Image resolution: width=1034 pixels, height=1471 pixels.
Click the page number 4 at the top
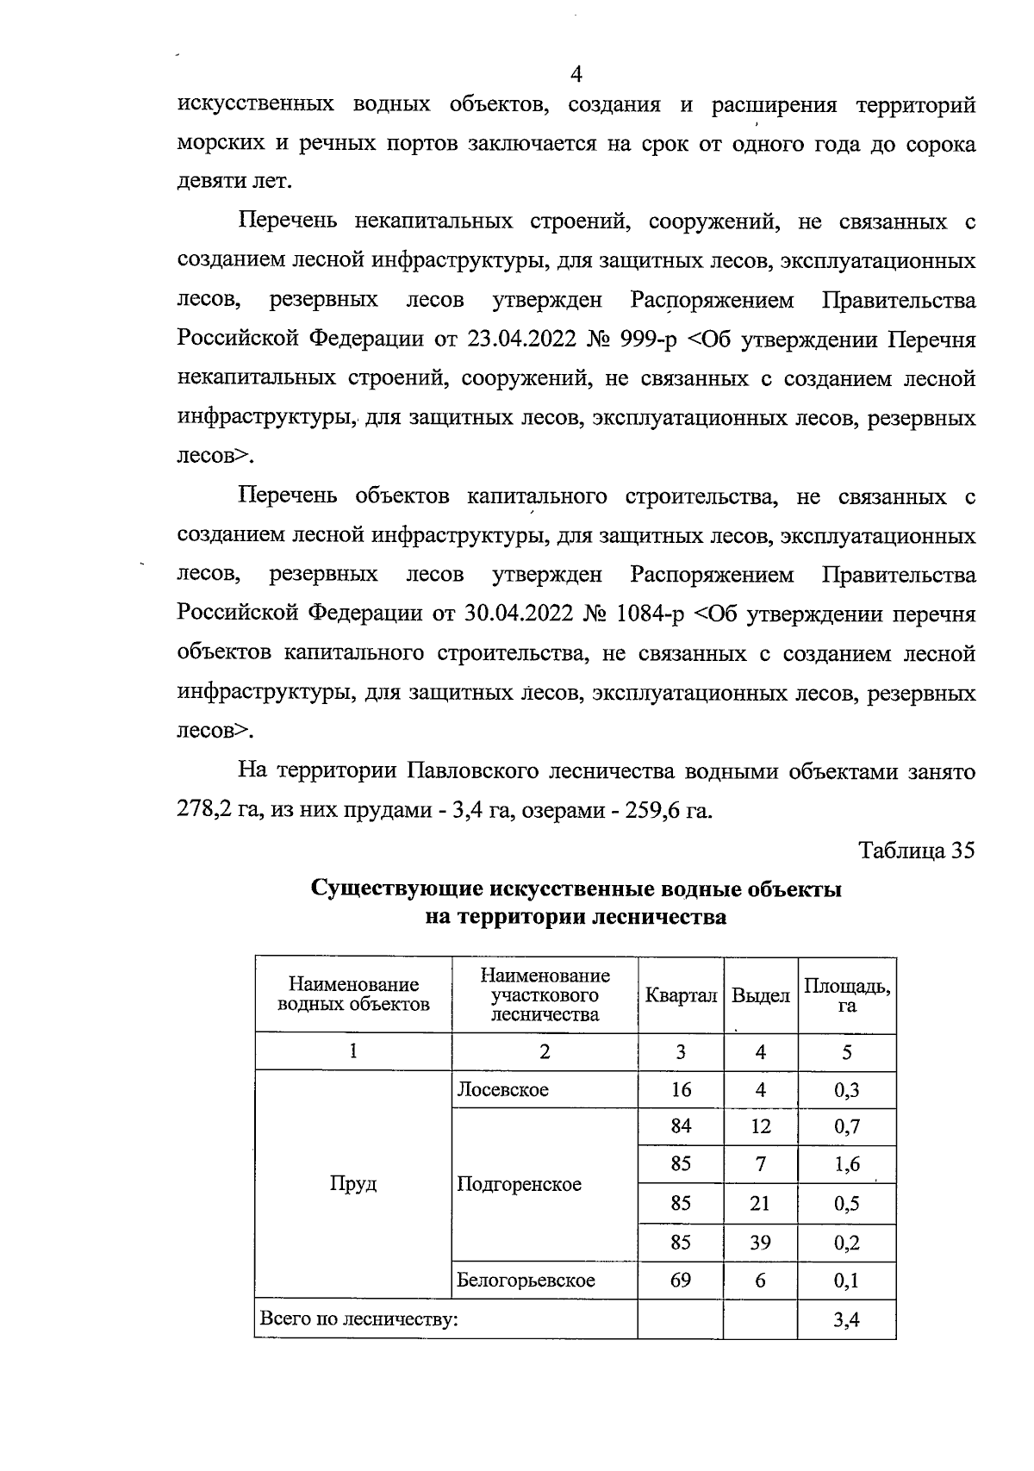click(576, 75)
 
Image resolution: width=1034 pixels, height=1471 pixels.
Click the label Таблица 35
click(917, 851)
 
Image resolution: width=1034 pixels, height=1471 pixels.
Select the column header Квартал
click(681, 996)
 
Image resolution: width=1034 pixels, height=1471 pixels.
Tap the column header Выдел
click(760, 996)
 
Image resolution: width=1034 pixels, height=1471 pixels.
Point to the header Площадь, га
click(847, 995)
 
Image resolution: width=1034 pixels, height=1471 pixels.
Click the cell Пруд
click(353, 1184)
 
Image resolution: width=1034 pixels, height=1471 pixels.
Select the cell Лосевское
click(502, 1090)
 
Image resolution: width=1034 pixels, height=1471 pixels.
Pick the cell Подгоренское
click(519, 1184)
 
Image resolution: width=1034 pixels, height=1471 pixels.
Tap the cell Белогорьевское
click(526, 1281)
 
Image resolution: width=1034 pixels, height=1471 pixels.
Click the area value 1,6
click(847, 1165)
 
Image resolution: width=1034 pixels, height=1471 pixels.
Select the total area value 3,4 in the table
click(847, 1319)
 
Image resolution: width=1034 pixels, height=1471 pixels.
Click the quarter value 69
click(681, 1281)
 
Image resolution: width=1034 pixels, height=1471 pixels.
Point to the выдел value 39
click(760, 1243)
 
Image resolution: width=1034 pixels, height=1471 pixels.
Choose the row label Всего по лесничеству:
click(358, 1319)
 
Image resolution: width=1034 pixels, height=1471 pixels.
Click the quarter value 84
click(681, 1126)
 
